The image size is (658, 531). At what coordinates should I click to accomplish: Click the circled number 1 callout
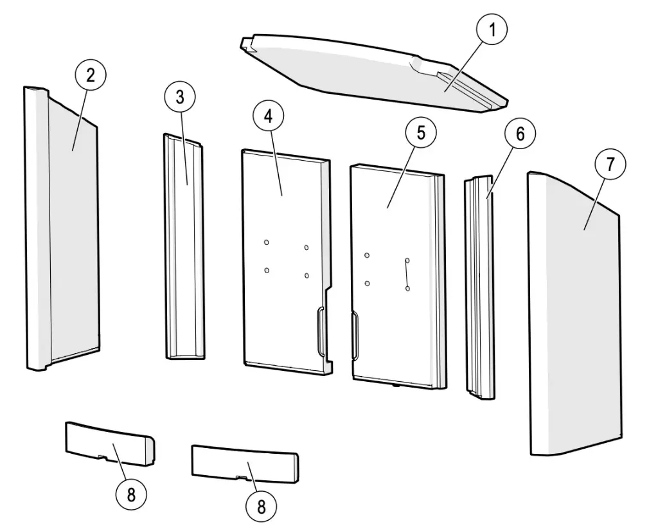tap(492, 30)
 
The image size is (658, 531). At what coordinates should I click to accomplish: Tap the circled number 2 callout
tap(90, 75)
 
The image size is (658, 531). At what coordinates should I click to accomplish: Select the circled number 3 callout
tap(180, 97)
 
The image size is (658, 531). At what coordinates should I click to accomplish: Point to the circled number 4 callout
tap(269, 116)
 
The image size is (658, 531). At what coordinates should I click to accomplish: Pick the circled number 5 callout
tap(420, 132)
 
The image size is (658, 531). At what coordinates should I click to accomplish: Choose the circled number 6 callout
tap(520, 134)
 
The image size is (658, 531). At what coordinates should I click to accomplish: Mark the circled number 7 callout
tap(610, 164)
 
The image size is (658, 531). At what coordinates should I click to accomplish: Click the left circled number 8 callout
tap(131, 494)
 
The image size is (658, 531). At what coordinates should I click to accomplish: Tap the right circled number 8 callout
tap(261, 506)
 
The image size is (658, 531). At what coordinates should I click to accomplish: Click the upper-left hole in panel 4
tap(267, 242)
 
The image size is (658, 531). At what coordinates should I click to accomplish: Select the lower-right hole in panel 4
tap(307, 275)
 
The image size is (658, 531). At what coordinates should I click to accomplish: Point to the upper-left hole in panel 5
tap(367, 255)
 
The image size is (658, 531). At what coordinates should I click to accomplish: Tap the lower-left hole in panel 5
tap(367, 283)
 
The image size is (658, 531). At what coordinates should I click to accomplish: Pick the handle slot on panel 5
tap(355, 336)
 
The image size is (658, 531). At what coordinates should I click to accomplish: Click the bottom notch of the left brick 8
tap(101, 456)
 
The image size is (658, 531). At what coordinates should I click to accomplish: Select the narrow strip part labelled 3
tap(184, 246)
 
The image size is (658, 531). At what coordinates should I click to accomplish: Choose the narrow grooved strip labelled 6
tap(479, 287)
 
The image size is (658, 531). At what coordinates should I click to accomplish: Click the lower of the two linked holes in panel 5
tap(407, 289)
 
